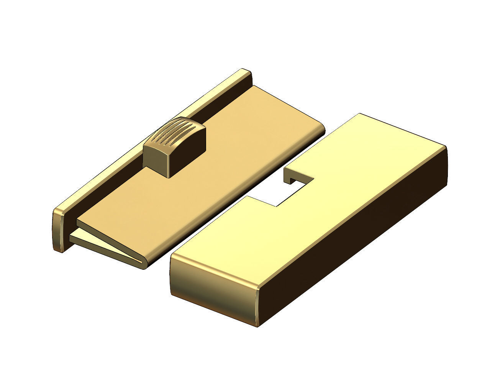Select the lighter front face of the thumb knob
point(155,157)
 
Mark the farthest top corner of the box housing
point(359,114)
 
